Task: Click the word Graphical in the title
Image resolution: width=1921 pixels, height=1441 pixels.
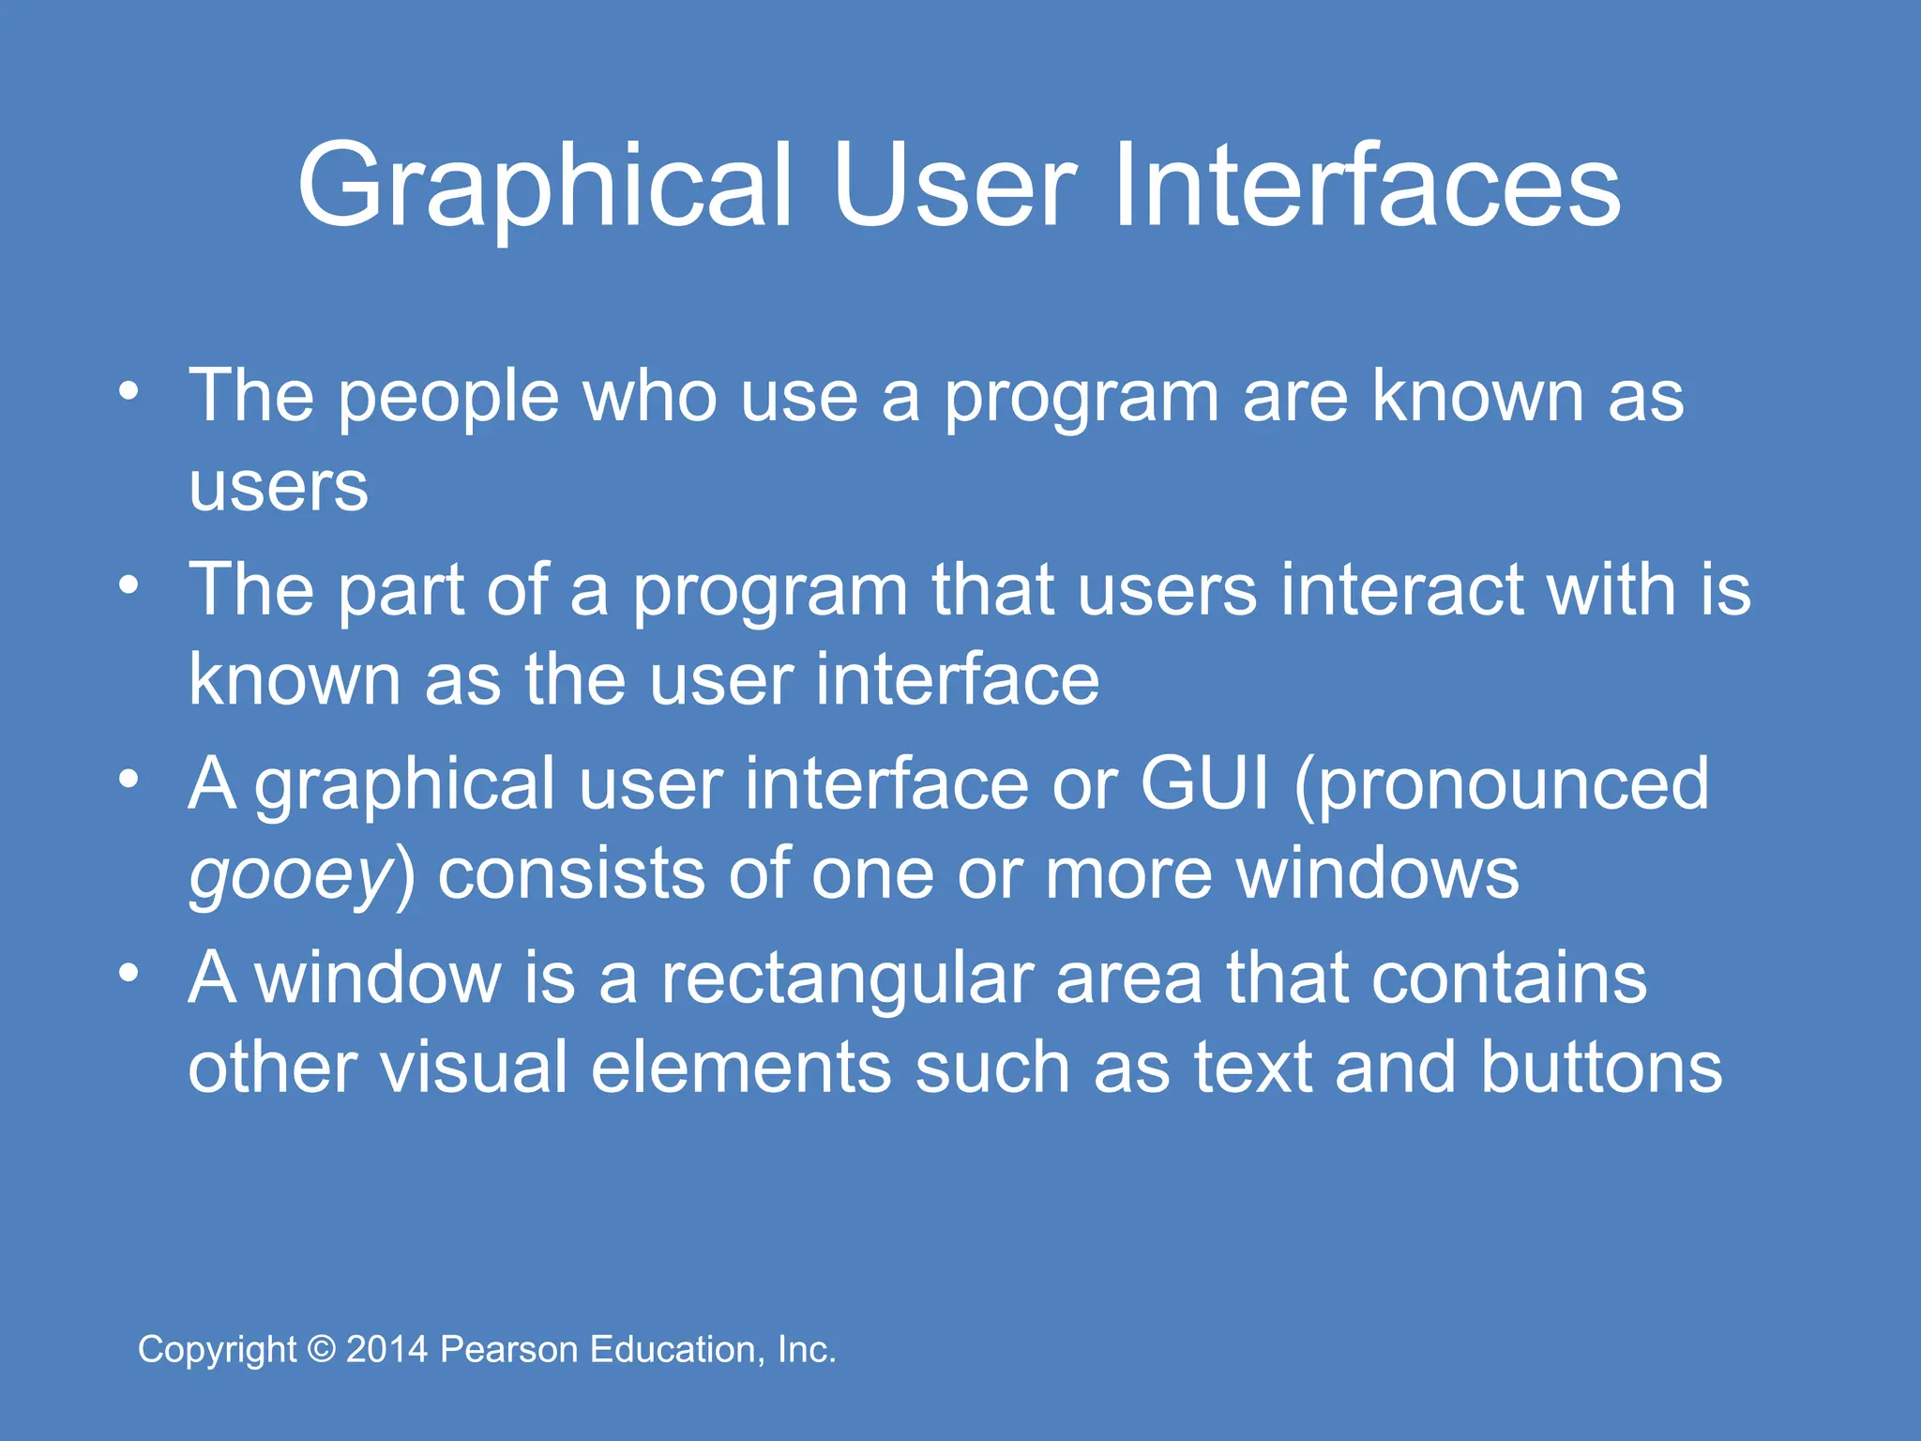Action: point(544,188)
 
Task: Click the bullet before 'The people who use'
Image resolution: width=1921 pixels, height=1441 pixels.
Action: point(129,391)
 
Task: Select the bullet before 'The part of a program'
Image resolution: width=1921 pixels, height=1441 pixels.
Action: point(129,585)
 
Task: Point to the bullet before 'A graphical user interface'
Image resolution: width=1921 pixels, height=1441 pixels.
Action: point(129,780)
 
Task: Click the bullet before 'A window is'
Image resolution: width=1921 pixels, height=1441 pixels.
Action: point(129,974)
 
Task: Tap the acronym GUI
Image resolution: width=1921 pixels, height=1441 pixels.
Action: point(1204,783)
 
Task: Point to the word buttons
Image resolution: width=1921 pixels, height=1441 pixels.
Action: point(1601,1068)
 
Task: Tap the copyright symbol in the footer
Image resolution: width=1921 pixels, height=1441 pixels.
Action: point(322,1349)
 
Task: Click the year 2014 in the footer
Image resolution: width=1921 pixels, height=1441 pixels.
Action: point(386,1349)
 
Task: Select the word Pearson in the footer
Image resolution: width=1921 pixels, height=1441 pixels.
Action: point(508,1349)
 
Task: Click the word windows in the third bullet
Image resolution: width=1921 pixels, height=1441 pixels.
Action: point(1377,874)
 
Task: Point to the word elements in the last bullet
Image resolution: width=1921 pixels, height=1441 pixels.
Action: point(741,1068)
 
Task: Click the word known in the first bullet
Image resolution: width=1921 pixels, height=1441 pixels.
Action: point(1477,396)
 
